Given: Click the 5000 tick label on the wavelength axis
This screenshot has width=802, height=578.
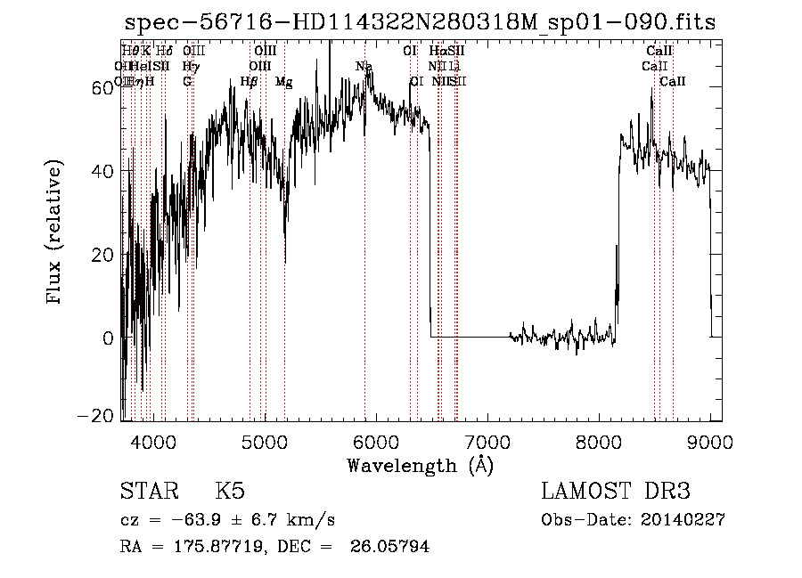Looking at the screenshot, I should pyautogui.click(x=264, y=441).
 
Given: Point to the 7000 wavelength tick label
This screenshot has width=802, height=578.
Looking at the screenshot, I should pyautogui.click(x=487, y=441).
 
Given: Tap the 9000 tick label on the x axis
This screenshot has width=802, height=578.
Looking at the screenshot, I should pyautogui.click(x=710, y=441).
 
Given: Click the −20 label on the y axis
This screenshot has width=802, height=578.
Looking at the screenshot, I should pyautogui.click(x=98, y=416).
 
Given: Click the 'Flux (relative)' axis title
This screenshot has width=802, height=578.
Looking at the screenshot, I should pyautogui.click(x=56, y=233).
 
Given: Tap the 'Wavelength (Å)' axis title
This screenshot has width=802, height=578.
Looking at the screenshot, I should pyautogui.click(x=420, y=465).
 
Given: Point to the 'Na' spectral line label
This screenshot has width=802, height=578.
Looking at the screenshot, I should pyautogui.click(x=364, y=67).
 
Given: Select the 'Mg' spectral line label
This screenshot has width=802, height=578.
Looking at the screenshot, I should pyautogui.click(x=283, y=82).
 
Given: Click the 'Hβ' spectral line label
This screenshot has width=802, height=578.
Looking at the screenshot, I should pyautogui.click(x=250, y=82).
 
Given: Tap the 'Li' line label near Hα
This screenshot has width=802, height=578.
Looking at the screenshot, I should pyautogui.click(x=454, y=67).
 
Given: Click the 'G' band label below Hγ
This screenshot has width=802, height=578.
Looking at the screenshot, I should pyautogui.click(x=187, y=82).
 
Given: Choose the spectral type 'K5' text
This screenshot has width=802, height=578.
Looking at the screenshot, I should pyautogui.click(x=230, y=492).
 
